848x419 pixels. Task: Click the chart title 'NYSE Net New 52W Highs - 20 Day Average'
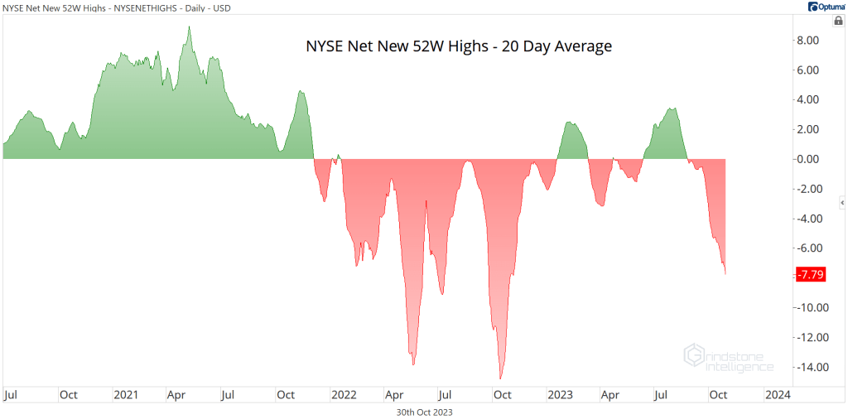coord(459,46)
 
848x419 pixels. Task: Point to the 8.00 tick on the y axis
coord(807,40)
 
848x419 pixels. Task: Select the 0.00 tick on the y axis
coord(807,159)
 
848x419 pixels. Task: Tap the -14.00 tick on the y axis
coord(806,367)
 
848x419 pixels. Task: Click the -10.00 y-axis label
coord(806,307)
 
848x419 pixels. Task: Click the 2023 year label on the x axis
coord(560,394)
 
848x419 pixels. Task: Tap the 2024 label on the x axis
coord(778,394)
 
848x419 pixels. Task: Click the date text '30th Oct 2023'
coord(425,411)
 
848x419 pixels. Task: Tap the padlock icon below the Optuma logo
coord(838,21)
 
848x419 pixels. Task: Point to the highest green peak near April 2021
coord(189,27)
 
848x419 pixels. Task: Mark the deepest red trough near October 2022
coord(500,378)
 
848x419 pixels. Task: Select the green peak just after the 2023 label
coord(571,123)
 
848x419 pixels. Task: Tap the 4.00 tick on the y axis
coord(807,99)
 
